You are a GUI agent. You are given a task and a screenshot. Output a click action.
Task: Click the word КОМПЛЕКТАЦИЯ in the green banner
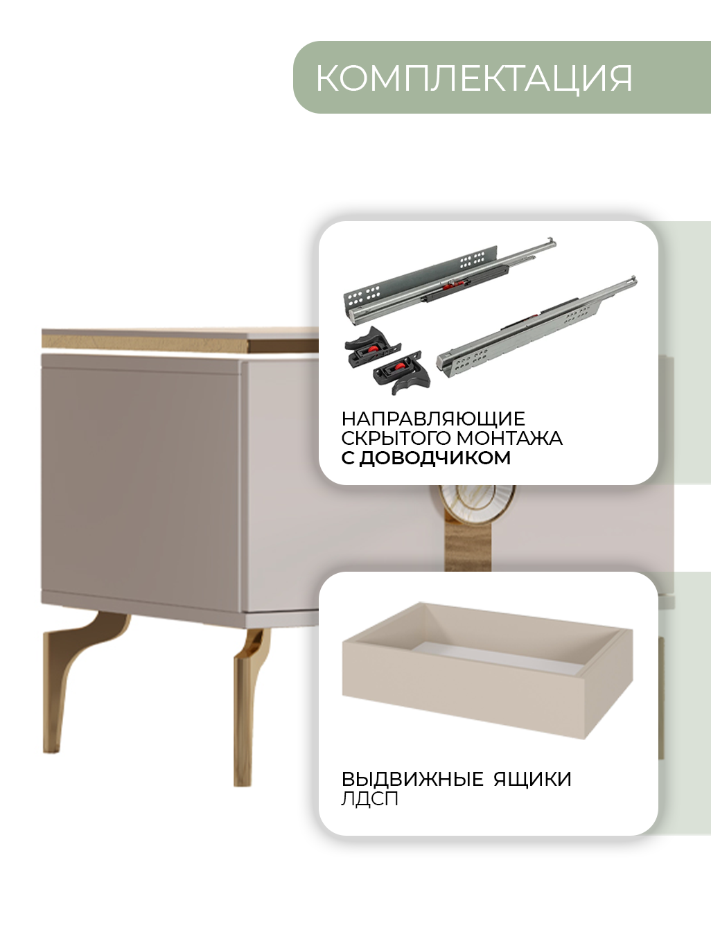(474, 78)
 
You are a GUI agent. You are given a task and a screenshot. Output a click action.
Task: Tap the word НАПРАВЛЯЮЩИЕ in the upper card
(433, 419)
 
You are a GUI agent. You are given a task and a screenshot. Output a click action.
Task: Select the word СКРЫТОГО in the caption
(396, 439)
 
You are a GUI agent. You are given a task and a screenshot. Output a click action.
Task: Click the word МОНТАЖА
(509, 439)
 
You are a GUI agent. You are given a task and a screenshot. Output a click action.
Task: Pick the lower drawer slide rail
(538, 327)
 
